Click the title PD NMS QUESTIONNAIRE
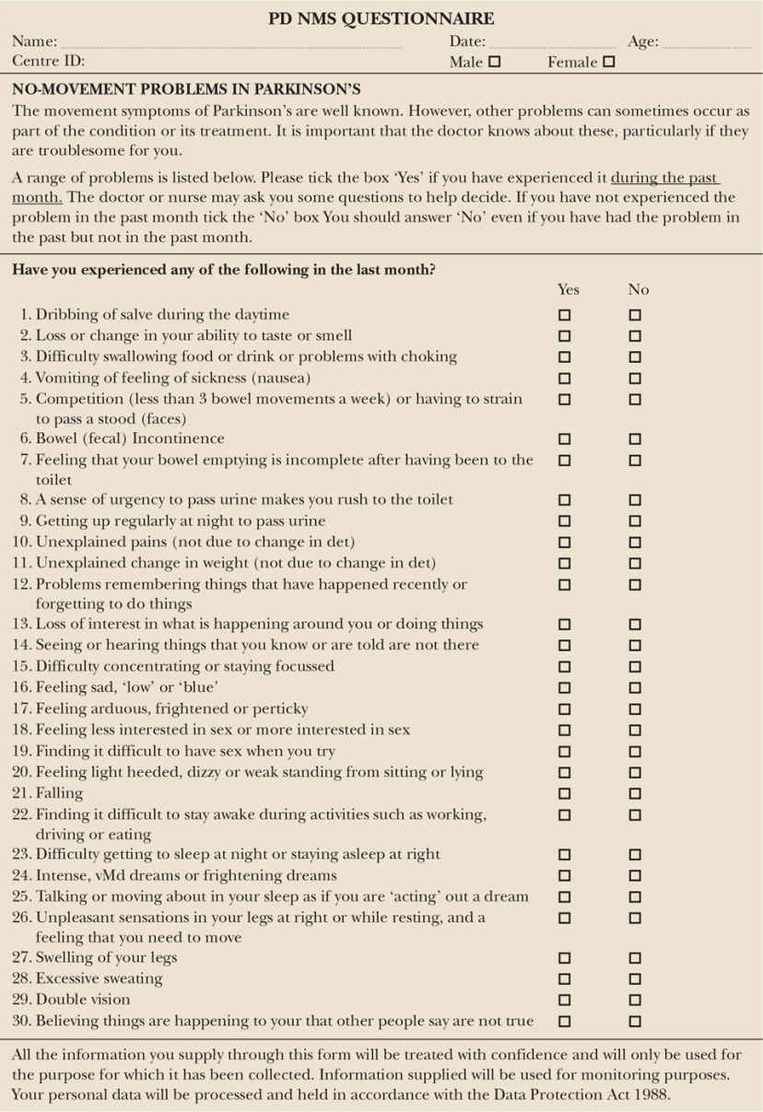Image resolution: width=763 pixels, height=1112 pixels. pyautogui.click(x=381, y=18)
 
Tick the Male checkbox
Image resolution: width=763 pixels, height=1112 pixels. pyautogui.click(x=495, y=63)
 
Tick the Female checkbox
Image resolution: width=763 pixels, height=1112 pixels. pyautogui.click(x=608, y=63)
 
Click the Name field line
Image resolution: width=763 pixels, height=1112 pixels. pyautogui.click(x=230, y=43)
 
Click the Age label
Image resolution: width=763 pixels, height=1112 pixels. pyautogui.click(x=642, y=41)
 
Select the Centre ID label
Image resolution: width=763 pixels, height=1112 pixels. pyautogui.click(x=48, y=62)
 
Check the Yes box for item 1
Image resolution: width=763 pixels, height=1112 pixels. pyautogui.click(x=565, y=315)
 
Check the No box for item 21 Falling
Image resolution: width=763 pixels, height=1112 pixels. pyautogui.click(x=635, y=794)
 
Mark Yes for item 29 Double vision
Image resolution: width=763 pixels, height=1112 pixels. pyautogui.click(x=565, y=1001)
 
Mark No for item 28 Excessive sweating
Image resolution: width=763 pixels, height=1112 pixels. pyautogui.click(x=635, y=979)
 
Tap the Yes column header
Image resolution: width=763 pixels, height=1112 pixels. pyautogui.click(x=569, y=289)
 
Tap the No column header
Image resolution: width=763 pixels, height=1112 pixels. pyautogui.click(x=639, y=289)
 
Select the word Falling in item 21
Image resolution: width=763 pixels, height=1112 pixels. pyautogui.click(x=59, y=793)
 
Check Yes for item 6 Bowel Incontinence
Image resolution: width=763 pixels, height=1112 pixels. pyautogui.click(x=565, y=439)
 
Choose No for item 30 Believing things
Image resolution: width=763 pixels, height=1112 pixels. pyautogui.click(x=635, y=1022)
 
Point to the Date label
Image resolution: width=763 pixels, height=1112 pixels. pyautogui.click(x=467, y=41)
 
